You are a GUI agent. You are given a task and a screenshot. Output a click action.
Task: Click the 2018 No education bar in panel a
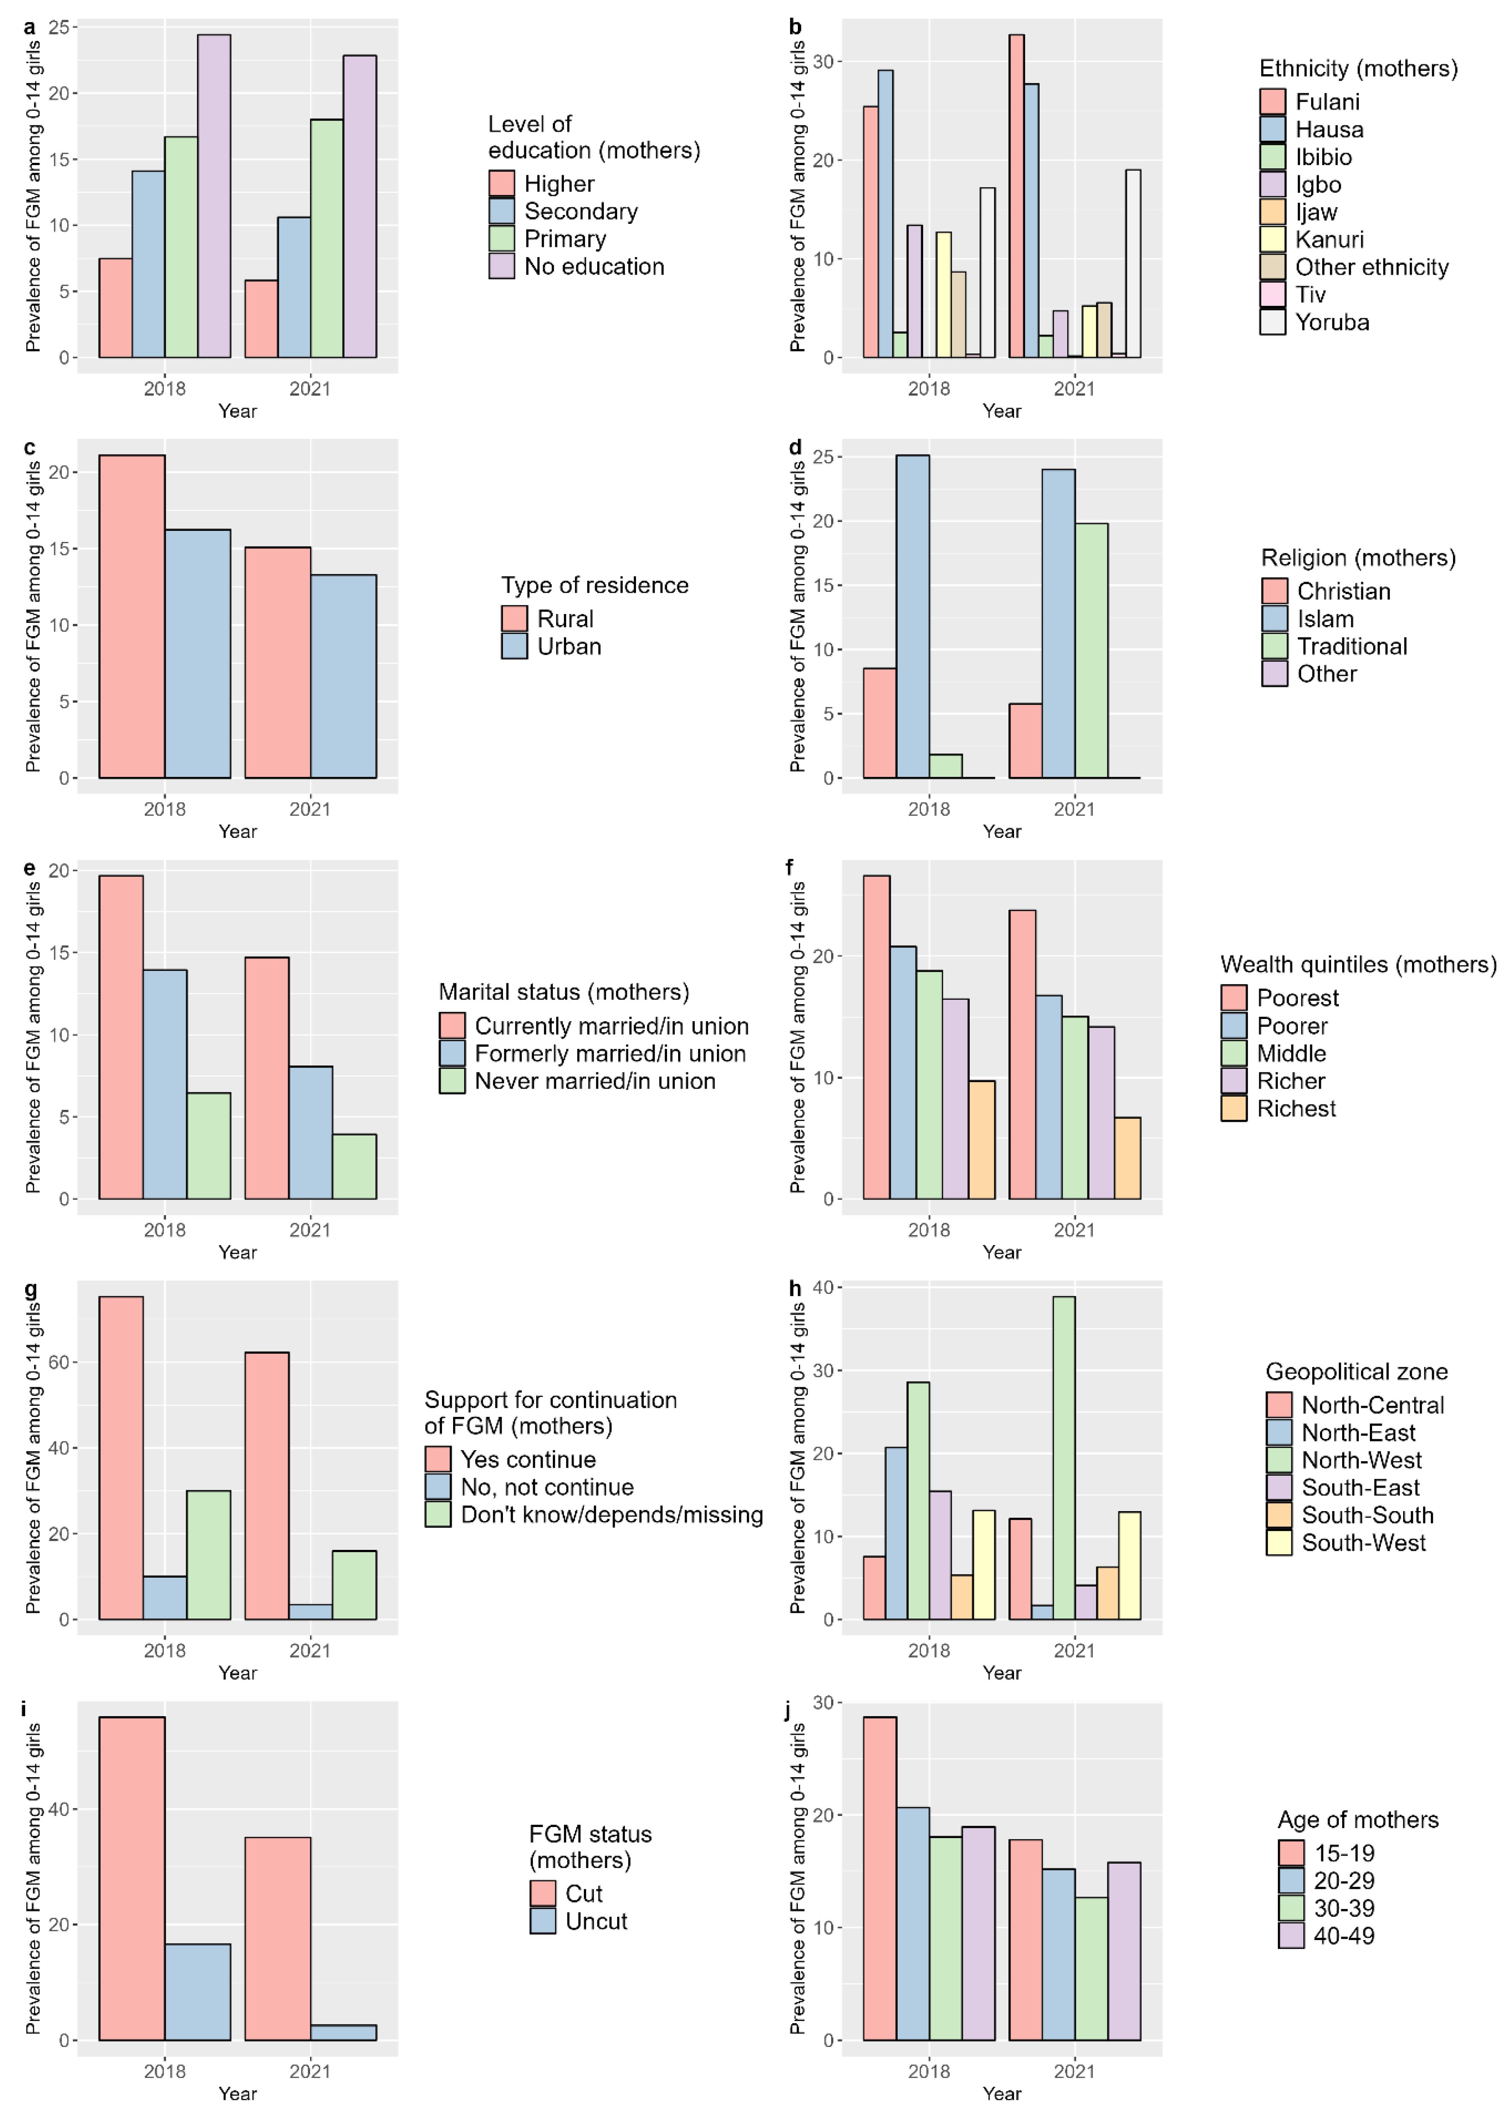[x=214, y=197]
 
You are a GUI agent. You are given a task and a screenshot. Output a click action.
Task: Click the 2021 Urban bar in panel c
[x=344, y=677]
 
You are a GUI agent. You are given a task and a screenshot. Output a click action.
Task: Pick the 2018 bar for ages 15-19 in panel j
[x=879, y=1879]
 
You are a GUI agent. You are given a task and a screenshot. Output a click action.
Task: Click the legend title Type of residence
[x=595, y=586]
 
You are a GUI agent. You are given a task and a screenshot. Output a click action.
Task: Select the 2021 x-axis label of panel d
[x=1074, y=809]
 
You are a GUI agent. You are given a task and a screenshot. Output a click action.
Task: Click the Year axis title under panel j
[x=1002, y=2094]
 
